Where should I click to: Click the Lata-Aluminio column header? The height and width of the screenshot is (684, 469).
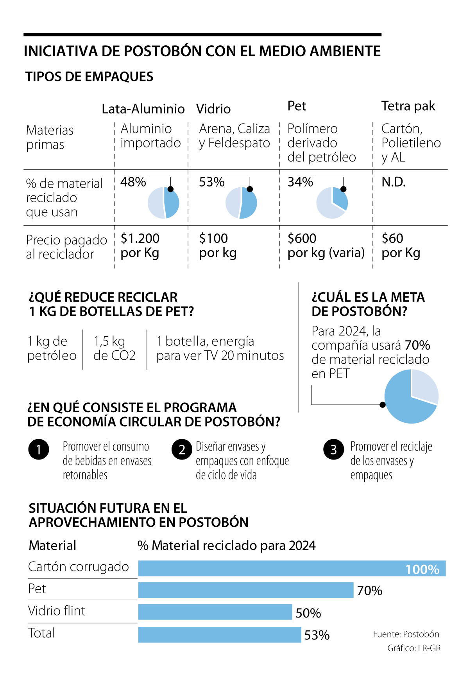click(x=143, y=109)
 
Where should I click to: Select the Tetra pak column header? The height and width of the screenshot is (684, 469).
click(x=408, y=106)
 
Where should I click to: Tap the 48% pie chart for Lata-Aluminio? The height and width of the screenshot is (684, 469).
click(x=163, y=203)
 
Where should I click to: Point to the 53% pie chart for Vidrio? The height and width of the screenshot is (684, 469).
click(x=241, y=203)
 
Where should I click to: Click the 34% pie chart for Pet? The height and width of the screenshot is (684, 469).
click(x=332, y=203)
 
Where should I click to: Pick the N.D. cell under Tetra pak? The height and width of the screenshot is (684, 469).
click(x=394, y=182)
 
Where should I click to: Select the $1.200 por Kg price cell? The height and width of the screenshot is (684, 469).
click(x=140, y=245)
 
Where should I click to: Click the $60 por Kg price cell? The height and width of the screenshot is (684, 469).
click(x=401, y=245)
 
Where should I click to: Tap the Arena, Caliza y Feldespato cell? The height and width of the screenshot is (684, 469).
click(x=234, y=135)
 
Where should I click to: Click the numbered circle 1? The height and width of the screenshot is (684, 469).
click(x=39, y=449)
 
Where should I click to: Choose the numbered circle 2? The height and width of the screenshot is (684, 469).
click(x=182, y=449)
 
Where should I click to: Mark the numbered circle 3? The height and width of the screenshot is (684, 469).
click(x=333, y=449)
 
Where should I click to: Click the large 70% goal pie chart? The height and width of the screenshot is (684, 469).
click(x=411, y=396)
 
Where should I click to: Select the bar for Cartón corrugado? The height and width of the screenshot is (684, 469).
click(x=292, y=568)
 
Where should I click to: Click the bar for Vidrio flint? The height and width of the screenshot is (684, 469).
click(x=215, y=612)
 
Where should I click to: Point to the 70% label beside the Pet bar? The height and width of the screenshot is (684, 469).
click(x=370, y=591)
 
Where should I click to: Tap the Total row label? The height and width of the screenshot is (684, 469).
click(x=41, y=633)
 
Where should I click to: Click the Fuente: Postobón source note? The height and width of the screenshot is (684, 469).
click(x=406, y=634)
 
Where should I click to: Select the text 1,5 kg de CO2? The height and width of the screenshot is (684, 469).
click(x=115, y=348)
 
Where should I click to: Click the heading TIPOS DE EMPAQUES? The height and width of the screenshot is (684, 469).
click(x=89, y=77)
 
